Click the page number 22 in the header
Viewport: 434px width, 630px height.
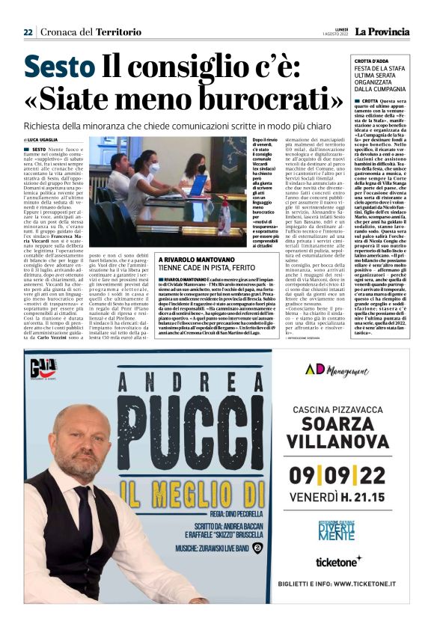click(28, 32)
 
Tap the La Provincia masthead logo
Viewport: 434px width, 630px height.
click(382, 31)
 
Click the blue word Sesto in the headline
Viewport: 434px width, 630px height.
click(58, 67)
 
